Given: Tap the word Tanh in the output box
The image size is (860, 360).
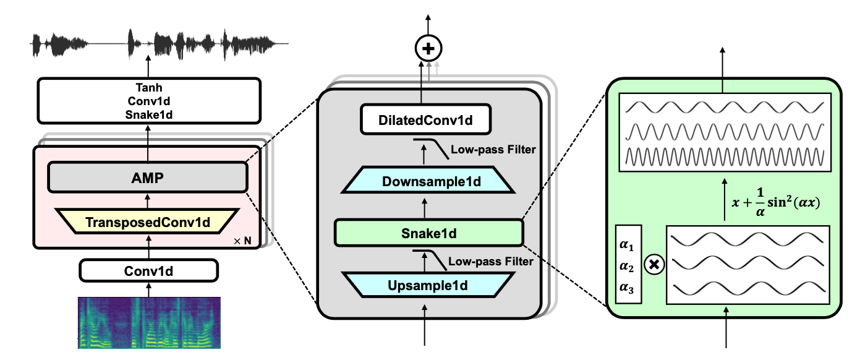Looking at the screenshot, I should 148,88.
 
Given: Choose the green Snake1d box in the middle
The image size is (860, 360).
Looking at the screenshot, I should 428,233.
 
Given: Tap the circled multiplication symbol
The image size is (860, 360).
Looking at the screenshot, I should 654,265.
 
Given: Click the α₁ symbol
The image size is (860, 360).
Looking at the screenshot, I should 627,246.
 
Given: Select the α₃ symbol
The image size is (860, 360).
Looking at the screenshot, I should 627,288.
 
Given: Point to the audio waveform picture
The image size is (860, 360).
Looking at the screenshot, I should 160,44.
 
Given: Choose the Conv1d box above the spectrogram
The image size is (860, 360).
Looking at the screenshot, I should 148,270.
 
